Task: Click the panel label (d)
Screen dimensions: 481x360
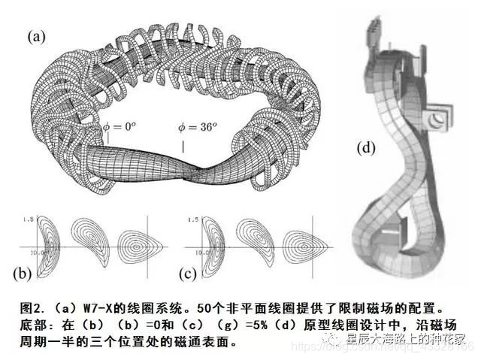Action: (366, 147)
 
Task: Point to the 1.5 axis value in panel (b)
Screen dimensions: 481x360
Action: (29, 218)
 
